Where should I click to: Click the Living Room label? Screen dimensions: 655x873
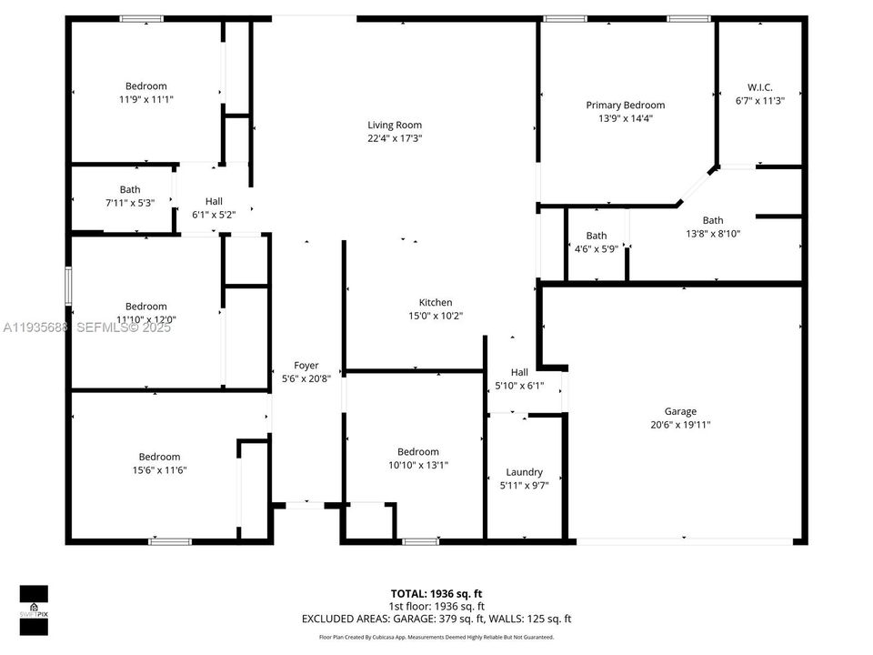pyautogui.click(x=395, y=126)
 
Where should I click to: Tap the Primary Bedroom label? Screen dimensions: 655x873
pyautogui.click(x=625, y=106)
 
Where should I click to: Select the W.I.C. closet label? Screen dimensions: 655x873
pyautogui.click(x=759, y=87)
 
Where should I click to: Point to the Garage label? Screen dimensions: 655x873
pyautogui.click(x=680, y=411)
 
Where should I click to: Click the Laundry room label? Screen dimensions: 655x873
pyautogui.click(x=525, y=472)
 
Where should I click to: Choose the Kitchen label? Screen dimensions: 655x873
pyautogui.click(x=436, y=303)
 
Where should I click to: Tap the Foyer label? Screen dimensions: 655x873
pyautogui.click(x=306, y=366)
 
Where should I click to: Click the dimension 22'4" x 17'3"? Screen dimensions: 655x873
pyautogui.click(x=395, y=139)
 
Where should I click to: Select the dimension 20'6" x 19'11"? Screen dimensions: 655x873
pyautogui.click(x=680, y=425)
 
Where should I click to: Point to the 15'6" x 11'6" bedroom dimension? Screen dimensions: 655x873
pyautogui.click(x=159, y=470)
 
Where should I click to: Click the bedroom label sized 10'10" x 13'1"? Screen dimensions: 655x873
pyautogui.click(x=418, y=452)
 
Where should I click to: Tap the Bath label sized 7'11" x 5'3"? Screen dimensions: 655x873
pyautogui.click(x=130, y=189)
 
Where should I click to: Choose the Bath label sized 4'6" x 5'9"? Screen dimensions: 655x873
pyautogui.click(x=597, y=236)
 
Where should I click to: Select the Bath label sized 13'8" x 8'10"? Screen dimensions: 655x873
pyautogui.click(x=713, y=220)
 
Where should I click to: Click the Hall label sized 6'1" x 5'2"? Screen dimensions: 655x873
pyautogui.click(x=214, y=201)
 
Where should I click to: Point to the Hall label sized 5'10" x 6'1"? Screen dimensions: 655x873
pyautogui.click(x=519, y=372)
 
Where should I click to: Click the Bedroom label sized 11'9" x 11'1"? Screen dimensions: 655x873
pyautogui.click(x=145, y=86)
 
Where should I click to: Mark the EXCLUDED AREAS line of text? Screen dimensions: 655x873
pyautogui.click(x=436, y=620)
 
